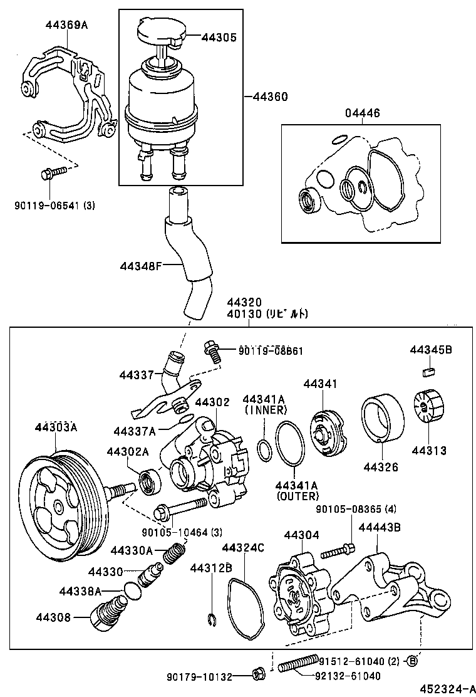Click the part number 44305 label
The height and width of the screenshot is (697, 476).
pyautogui.click(x=219, y=37)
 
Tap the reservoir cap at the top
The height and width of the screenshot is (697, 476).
pyautogui.click(x=159, y=32)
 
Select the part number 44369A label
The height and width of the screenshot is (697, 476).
pyautogui.click(x=66, y=26)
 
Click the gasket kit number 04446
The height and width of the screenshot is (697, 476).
pyautogui.click(x=362, y=113)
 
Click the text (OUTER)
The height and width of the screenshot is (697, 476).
pyautogui.click(x=296, y=496)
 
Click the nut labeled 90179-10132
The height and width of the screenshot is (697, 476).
pyautogui.click(x=257, y=674)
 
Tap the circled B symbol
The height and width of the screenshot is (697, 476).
pyautogui.click(x=412, y=661)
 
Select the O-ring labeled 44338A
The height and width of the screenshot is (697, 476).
pyautogui.click(x=130, y=590)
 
